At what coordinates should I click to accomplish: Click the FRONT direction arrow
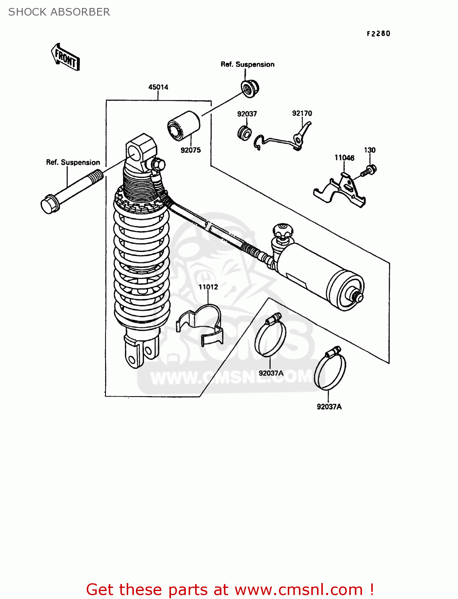point(66,58)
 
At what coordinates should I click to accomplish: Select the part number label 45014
point(158,87)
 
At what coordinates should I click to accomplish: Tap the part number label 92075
point(191,150)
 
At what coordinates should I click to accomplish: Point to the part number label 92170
point(302,113)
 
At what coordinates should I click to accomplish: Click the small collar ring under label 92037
point(244,133)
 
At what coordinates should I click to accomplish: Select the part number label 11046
point(344,158)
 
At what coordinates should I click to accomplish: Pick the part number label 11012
point(208,287)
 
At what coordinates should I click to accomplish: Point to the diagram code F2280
point(378,34)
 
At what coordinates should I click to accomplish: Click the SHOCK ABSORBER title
point(59,12)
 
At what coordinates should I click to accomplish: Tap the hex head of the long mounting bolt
point(50,204)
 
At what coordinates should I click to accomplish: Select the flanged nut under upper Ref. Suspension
point(250,89)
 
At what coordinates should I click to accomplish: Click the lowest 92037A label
point(329,407)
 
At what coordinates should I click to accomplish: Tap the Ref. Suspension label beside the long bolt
point(73,163)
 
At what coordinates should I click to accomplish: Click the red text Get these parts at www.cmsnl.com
point(230,589)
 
